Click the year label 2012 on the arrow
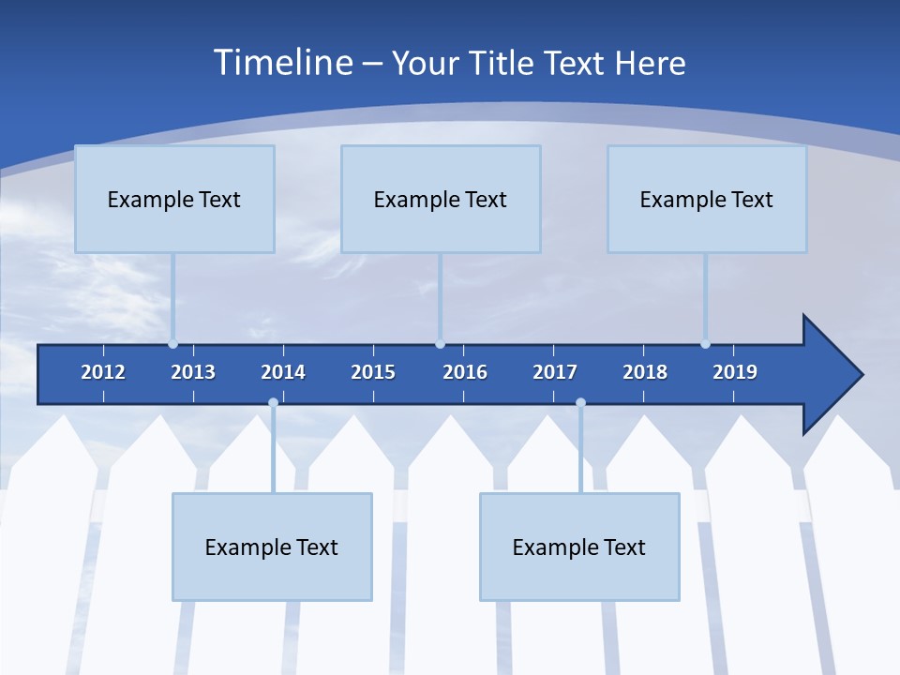pyautogui.click(x=103, y=372)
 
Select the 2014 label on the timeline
pyautogui.click(x=283, y=372)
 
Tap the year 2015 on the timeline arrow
pyautogui.click(x=373, y=372)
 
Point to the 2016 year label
pyautogui.click(x=465, y=372)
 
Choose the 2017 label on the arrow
pyautogui.click(x=555, y=372)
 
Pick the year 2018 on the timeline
pyautogui.click(x=645, y=372)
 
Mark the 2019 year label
pyautogui.click(x=735, y=372)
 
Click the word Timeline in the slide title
pyautogui.click(x=281, y=63)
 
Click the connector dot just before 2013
pyautogui.click(x=172, y=344)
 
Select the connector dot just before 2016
pyautogui.click(x=440, y=344)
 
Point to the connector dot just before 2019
pyautogui.click(x=705, y=344)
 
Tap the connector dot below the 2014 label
pyautogui.click(x=273, y=403)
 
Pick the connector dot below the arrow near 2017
pyautogui.click(x=580, y=403)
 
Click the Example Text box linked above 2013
pyautogui.click(x=174, y=199)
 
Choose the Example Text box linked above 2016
pyautogui.click(x=441, y=199)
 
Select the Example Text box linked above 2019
pyautogui.click(x=707, y=199)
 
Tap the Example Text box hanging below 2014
pyautogui.click(x=272, y=547)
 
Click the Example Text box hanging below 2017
pyautogui.click(x=579, y=547)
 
